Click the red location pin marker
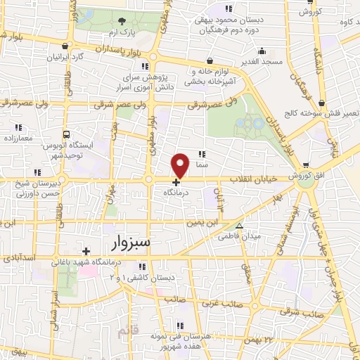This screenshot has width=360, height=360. click(x=181, y=165)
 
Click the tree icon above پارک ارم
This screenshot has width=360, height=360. click(x=122, y=21)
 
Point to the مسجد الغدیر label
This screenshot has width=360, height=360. click(x=262, y=62)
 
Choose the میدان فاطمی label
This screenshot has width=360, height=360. click(x=261, y=236)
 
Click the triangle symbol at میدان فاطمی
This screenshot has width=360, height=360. click(x=240, y=226)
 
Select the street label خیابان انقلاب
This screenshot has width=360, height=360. click(x=254, y=179)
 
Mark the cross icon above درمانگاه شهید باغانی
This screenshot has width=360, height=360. click(x=86, y=251)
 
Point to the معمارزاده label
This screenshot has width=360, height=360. click(x=18, y=139)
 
